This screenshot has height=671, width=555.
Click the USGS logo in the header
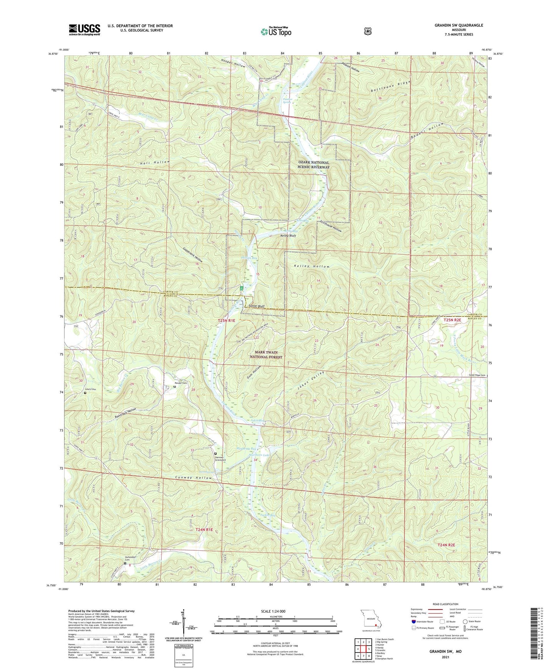pyautogui.click(x=84, y=30)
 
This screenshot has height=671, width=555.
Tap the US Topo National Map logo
pyautogui.click(x=275, y=31)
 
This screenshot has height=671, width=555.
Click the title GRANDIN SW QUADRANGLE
pyautogui.click(x=453, y=25)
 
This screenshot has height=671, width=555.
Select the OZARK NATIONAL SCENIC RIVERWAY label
pyautogui.click(x=314, y=165)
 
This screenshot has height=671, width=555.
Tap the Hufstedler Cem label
pyautogui.click(x=130, y=558)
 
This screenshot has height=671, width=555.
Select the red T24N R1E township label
pyautogui.click(x=204, y=530)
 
